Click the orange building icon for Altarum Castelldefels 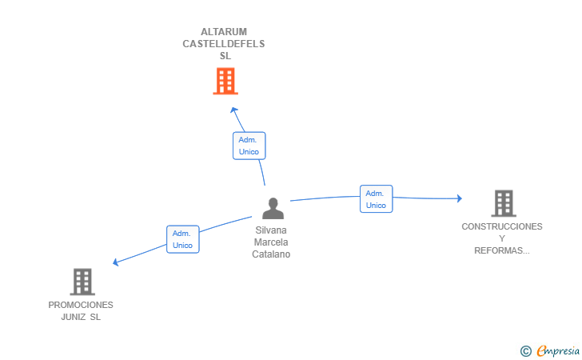tap(225, 81)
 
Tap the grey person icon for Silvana tap(273, 209)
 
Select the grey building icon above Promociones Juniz tap(82, 282)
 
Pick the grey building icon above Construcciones tap(504, 203)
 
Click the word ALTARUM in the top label tap(224, 32)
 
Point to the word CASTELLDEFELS tap(224, 44)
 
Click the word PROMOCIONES tap(81, 305)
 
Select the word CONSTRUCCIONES tap(502, 226)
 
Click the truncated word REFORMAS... tap(502, 250)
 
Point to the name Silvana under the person tap(271, 230)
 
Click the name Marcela tap(271, 242)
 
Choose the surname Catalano tap(271, 254)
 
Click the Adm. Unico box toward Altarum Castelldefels tap(249, 146)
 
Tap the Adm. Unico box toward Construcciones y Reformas tap(376, 198)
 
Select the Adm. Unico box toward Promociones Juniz tap(182, 239)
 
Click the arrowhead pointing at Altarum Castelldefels tap(233, 110)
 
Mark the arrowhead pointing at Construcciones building tap(460, 198)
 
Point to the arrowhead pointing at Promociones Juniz tap(115, 262)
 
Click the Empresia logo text tap(558, 350)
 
